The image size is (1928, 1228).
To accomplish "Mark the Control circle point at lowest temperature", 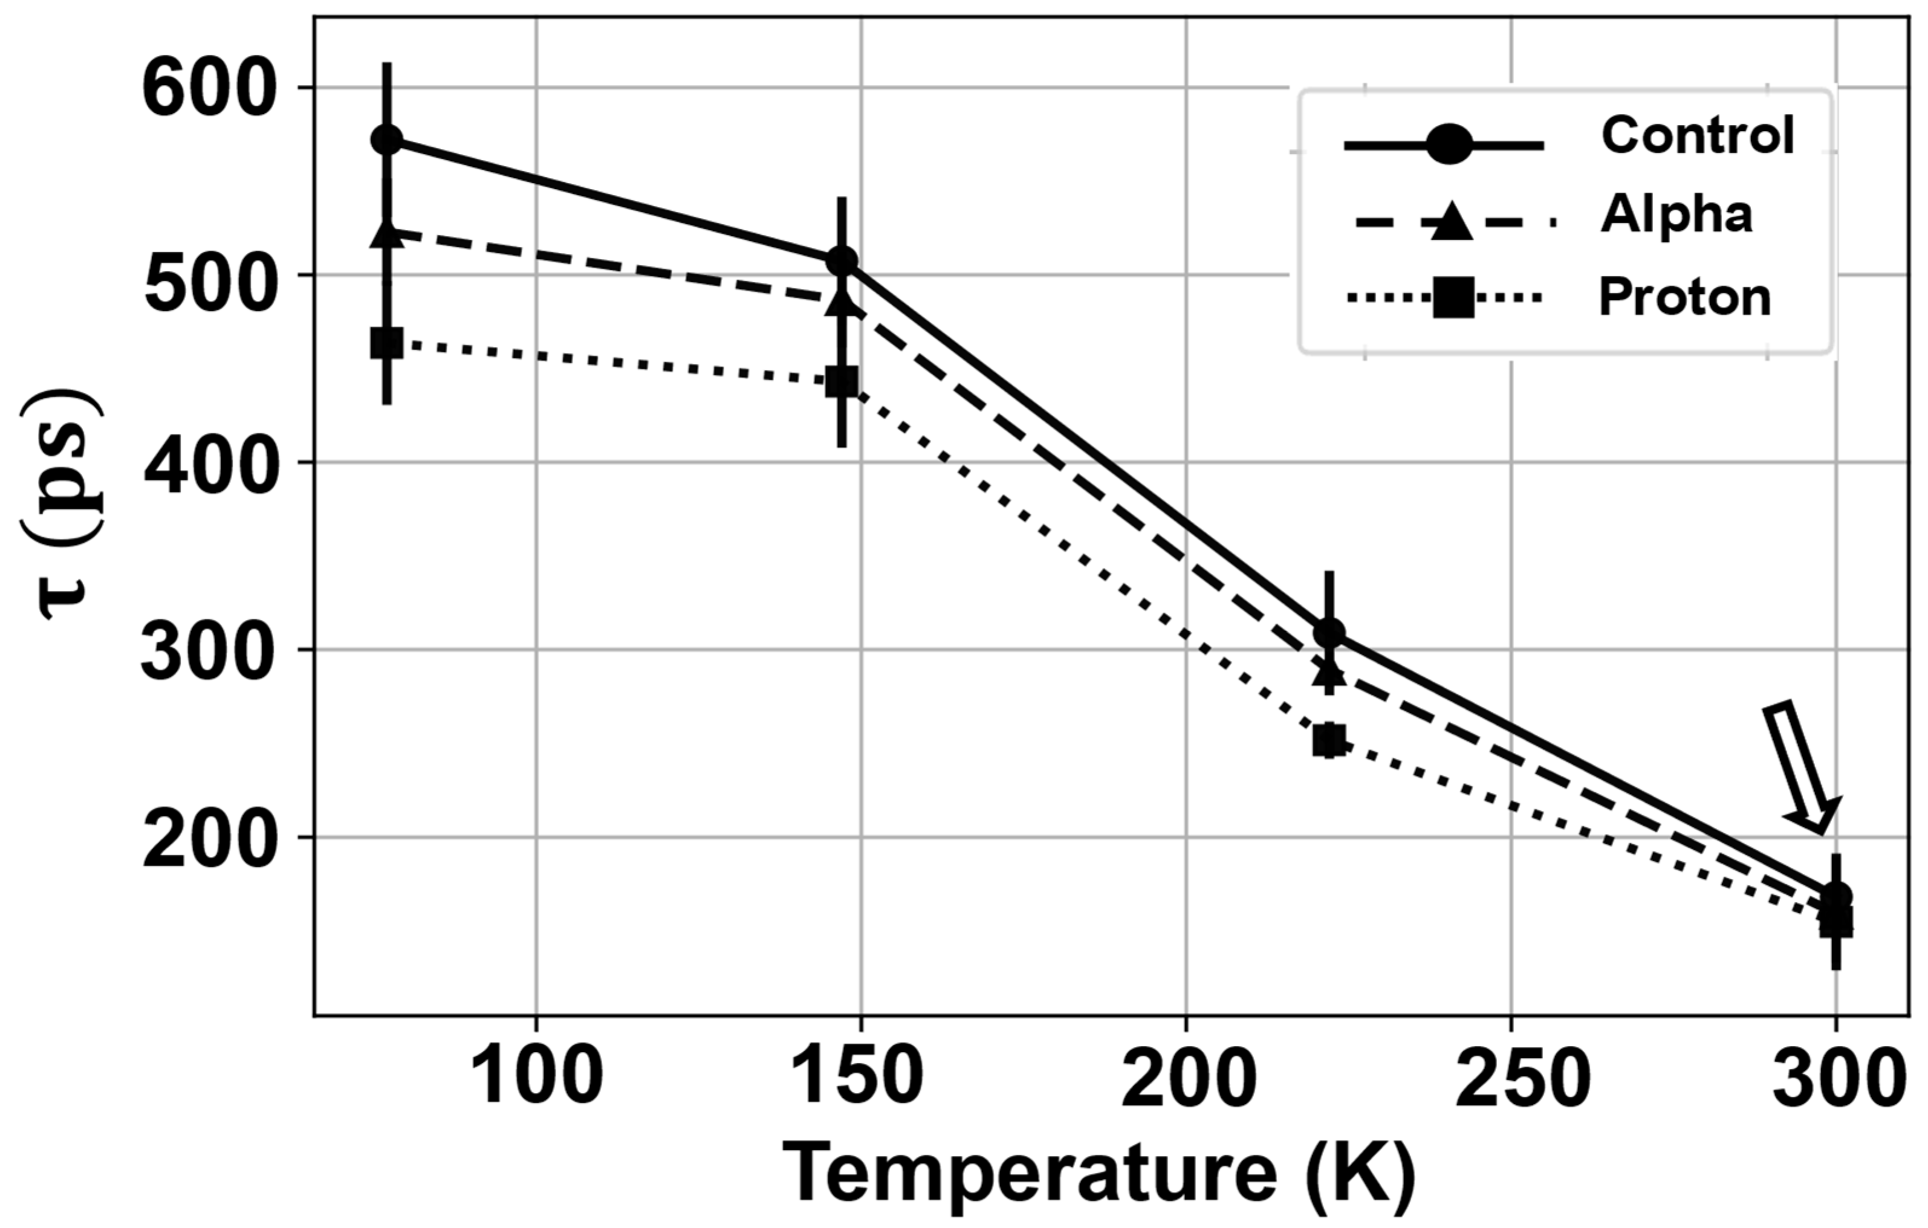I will click(x=387, y=140).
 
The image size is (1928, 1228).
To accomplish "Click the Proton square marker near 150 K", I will click(x=842, y=382).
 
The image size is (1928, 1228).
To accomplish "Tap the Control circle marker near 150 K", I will click(x=842, y=261).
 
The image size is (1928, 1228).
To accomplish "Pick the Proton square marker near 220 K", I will click(x=1329, y=740).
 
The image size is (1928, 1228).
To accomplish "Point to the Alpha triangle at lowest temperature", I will click(x=387, y=234).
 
